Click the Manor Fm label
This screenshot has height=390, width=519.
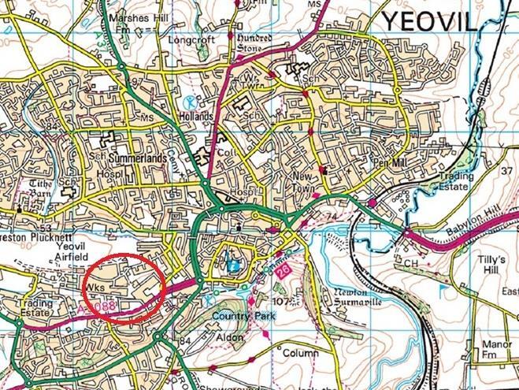pos(492,350)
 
